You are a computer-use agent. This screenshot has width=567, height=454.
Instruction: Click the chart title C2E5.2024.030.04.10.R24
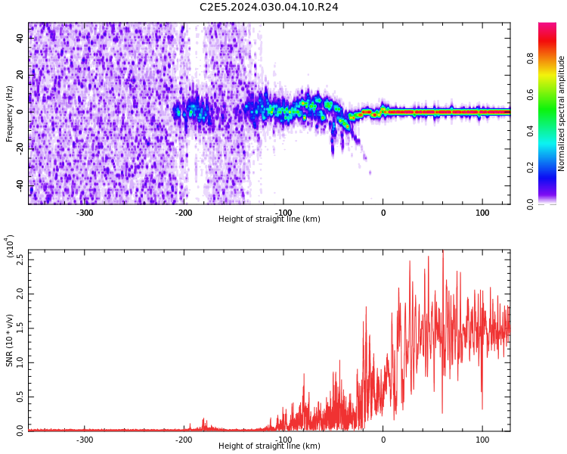click(269, 8)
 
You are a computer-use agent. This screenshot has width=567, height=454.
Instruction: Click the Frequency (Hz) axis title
click(10, 113)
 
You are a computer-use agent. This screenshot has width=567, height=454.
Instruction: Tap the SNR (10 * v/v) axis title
click(10, 340)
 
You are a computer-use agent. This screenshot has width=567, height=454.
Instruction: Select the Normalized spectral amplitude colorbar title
click(562, 113)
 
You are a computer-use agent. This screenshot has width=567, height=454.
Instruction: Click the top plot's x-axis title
click(269, 219)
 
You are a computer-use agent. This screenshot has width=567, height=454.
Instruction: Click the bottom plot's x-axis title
click(269, 446)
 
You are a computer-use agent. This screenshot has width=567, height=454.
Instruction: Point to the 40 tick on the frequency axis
click(20, 38)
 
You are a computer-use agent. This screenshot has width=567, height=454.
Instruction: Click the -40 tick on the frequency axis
click(18, 185)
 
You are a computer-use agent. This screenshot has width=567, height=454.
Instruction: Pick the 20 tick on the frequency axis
click(20, 75)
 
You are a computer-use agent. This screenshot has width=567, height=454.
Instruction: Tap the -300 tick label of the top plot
click(85, 213)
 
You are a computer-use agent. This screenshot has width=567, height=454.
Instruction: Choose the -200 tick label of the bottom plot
click(184, 440)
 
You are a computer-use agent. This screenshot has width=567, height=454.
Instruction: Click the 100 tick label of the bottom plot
click(482, 440)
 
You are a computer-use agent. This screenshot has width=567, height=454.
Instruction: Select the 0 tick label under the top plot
click(383, 213)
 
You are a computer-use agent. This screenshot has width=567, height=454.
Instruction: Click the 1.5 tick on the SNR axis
click(20, 328)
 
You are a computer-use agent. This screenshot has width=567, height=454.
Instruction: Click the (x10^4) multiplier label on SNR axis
click(10, 247)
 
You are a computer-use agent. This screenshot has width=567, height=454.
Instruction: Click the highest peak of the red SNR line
click(443, 252)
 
